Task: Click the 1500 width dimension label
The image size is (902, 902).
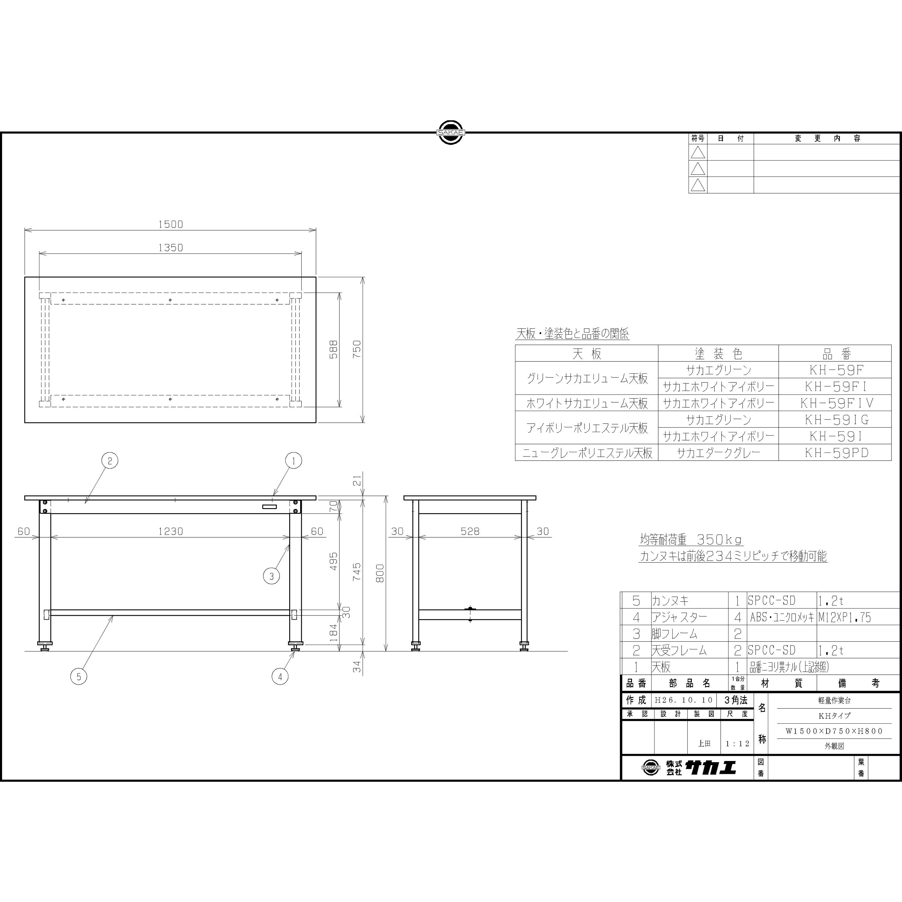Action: click(170, 224)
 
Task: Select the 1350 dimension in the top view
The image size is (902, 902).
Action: click(170, 248)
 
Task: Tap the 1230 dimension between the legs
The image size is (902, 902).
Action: click(170, 531)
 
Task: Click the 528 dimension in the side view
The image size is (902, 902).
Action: click(470, 531)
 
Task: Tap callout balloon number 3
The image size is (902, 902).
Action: click(271, 576)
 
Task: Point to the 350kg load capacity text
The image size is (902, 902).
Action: click(719, 540)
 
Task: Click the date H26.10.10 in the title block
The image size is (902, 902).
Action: click(684, 700)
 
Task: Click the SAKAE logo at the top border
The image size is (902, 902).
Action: click(450, 133)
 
